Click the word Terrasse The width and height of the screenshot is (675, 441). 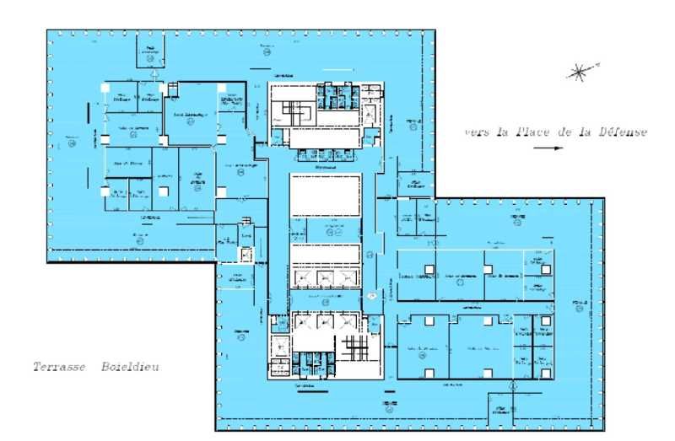(57, 368)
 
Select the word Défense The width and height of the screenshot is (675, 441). (621, 132)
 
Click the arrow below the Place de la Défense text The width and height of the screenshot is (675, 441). (548, 148)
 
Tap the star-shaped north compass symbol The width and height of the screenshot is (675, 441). (580, 73)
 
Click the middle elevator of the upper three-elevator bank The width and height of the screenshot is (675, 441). (324, 278)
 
